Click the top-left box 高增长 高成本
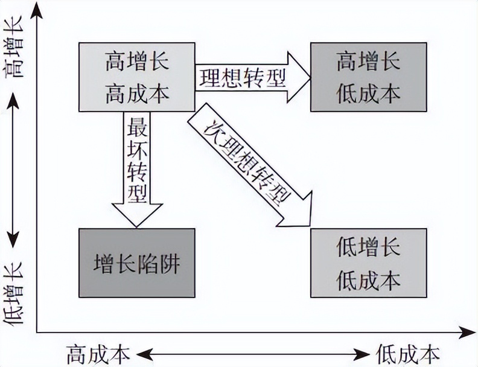[137, 77]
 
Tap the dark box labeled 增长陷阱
[137, 263]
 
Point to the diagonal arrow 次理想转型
[247, 166]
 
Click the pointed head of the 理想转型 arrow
[299, 77]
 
